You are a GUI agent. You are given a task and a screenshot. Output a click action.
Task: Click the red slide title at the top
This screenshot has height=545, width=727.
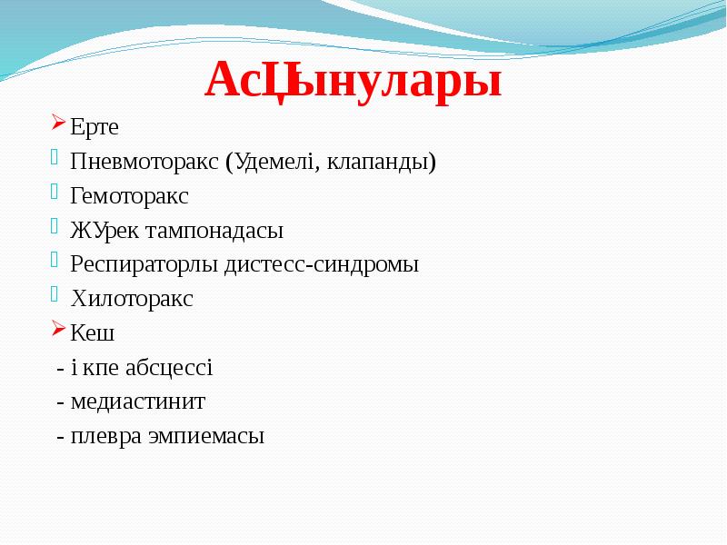click(x=354, y=81)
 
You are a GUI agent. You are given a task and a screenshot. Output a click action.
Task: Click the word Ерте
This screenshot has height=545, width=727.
click(x=95, y=127)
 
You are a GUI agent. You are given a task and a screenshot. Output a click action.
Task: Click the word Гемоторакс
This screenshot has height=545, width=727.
click(x=129, y=195)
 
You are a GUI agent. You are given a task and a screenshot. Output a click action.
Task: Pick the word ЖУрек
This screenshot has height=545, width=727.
click(x=103, y=230)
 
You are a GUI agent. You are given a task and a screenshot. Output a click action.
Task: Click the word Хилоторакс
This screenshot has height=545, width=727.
click(x=132, y=299)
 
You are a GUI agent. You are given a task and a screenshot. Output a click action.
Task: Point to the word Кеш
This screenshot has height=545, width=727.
click(x=93, y=332)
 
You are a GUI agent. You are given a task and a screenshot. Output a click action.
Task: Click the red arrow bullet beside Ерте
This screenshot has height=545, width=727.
click(x=58, y=123)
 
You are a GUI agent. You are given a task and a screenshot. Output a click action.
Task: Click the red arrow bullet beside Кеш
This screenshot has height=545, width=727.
click(x=58, y=328)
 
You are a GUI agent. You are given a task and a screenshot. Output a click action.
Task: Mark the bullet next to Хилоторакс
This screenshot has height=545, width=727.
click(x=58, y=293)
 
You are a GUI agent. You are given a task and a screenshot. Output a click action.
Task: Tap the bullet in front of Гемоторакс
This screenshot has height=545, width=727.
click(x=58, y=191)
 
